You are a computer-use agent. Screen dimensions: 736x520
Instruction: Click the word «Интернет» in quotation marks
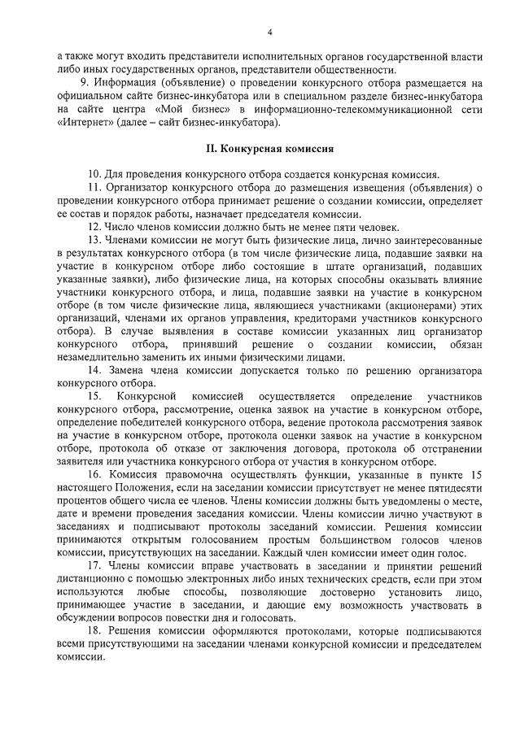coord(81,123)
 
